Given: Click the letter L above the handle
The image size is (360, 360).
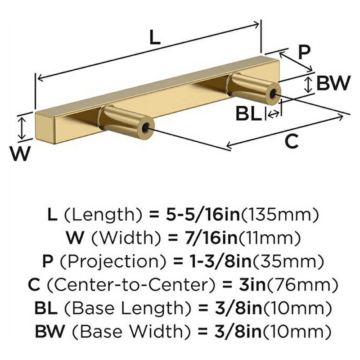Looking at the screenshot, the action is point(155,38).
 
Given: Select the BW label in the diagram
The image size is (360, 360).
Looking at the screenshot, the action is point(333,83).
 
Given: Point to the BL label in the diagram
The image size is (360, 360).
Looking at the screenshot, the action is point(248,114).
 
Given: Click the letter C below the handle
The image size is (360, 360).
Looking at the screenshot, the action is point(291,141).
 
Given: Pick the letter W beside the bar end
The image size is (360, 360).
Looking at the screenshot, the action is point(20,153).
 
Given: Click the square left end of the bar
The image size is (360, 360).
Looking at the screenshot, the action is point(45,128).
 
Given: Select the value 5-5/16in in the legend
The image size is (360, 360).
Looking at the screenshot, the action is point(202,215).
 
